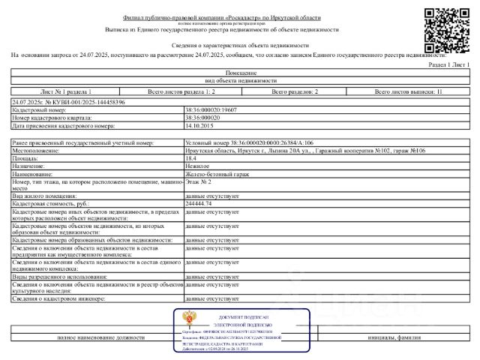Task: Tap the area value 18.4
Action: pyautogui.click(x=191, y=157)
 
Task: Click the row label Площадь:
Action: pyautogui.click(x=26, y=157)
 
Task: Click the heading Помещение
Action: pyautogui.click(x=240, y=72)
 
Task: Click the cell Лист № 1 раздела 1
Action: pyautogui.click(x=68, y=91)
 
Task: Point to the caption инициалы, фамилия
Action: pyautogui.click(x=394, y=337)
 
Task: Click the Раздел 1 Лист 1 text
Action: pyautogui.click(x=448, y=64)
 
